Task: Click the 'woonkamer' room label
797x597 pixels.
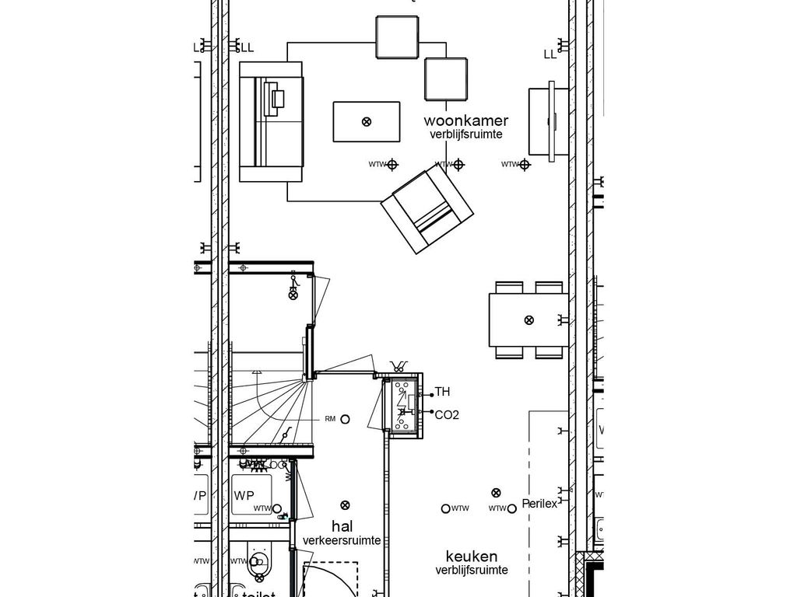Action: tap(465, 120)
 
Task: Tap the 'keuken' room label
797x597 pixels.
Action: tap(472, 557)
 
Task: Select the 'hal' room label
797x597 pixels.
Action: tap(342, 526)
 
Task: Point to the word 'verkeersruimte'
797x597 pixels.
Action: tap(342, 540)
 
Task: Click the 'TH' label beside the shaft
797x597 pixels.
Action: tap(442, 392)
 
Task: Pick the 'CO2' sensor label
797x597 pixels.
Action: tap(447, 415)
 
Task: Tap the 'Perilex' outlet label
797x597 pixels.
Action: tap(540, 504)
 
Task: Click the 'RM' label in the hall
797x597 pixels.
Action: tap(330, 419)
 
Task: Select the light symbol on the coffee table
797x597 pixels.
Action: tap(367, 121)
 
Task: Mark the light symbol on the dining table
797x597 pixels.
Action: tap(529, 319)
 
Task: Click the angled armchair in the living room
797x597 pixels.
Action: tap(427, 208)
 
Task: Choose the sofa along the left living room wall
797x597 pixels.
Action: tap(271, 122)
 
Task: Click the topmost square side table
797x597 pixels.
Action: tap(398, 37)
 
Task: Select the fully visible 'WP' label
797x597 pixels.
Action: tap(244, 495)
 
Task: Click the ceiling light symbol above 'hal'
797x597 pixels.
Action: tap(346, 505)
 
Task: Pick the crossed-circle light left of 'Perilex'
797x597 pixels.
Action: tap(495, 492)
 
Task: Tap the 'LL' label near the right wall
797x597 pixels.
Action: tap(550, 54)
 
